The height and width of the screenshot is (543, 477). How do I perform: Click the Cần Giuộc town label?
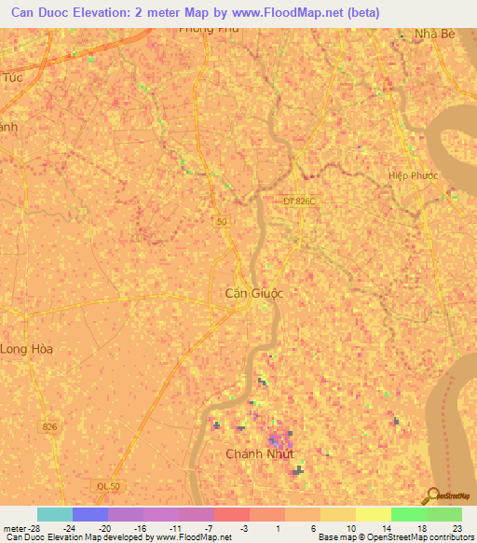[x=254, y=293]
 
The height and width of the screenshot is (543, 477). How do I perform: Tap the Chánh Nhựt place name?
[x=260, y=454]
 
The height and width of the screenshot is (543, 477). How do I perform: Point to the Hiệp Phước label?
[x=413, y=175]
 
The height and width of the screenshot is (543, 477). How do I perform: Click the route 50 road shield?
[x=220, y=220]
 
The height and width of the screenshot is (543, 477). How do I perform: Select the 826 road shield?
[x=50, y=426]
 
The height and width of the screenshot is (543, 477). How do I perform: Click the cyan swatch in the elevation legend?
[x=55, y=514]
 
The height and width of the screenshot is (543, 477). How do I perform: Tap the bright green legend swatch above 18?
[x=408, y=514]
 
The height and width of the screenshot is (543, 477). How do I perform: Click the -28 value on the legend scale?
[x=32, y=527]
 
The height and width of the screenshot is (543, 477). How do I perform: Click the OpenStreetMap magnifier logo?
[x=431, y=495]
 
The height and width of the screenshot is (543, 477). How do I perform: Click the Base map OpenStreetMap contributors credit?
[x=394, y=537]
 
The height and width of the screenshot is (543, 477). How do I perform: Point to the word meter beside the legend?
[x=13, y=527]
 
